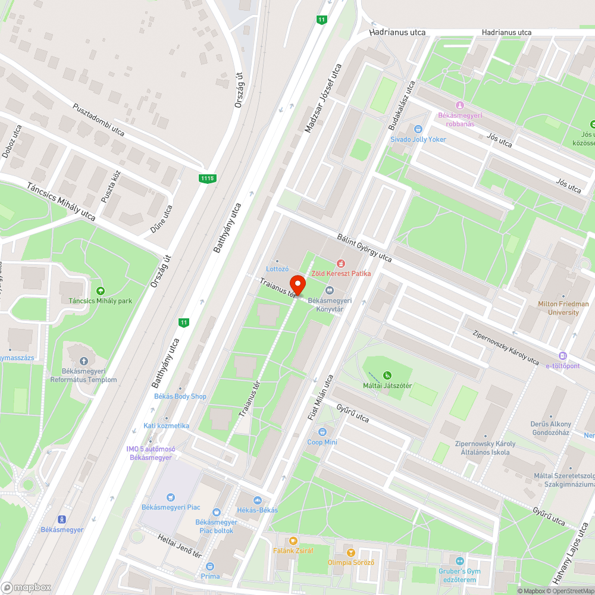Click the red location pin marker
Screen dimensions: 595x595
[297, 284]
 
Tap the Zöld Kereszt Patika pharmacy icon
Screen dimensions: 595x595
[341, 263]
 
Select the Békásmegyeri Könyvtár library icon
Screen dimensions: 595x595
[329, 290]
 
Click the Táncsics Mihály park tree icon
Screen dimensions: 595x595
[100, 290]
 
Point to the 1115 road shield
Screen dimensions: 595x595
[207, 178]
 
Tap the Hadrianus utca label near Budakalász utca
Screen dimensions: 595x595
[397, 32]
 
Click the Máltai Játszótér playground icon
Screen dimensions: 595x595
[387, 375]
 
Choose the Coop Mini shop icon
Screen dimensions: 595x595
[322, 432]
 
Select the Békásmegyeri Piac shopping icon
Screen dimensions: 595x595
[171, 497]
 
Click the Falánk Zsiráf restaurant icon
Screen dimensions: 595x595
[293, 541]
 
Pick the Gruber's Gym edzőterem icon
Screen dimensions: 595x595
[459, 561]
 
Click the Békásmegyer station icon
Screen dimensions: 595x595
[61, 519]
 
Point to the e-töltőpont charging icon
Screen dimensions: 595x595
[563, 356]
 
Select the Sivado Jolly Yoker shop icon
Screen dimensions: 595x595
[418, 129]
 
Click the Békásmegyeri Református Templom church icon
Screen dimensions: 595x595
[83, 361]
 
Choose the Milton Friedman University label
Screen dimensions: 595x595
[562, 308]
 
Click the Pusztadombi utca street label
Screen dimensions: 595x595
[98, 120]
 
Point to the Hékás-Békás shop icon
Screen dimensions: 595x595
[258, 500]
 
